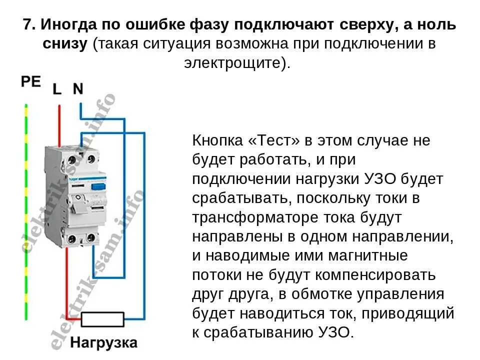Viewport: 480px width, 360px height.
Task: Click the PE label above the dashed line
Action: (x=31, y=81)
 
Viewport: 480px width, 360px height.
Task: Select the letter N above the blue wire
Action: (x=78, y=89)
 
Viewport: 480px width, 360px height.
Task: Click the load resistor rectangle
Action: (x=103, y=319)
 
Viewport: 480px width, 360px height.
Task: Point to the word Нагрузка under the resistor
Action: (x=103, y=343)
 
